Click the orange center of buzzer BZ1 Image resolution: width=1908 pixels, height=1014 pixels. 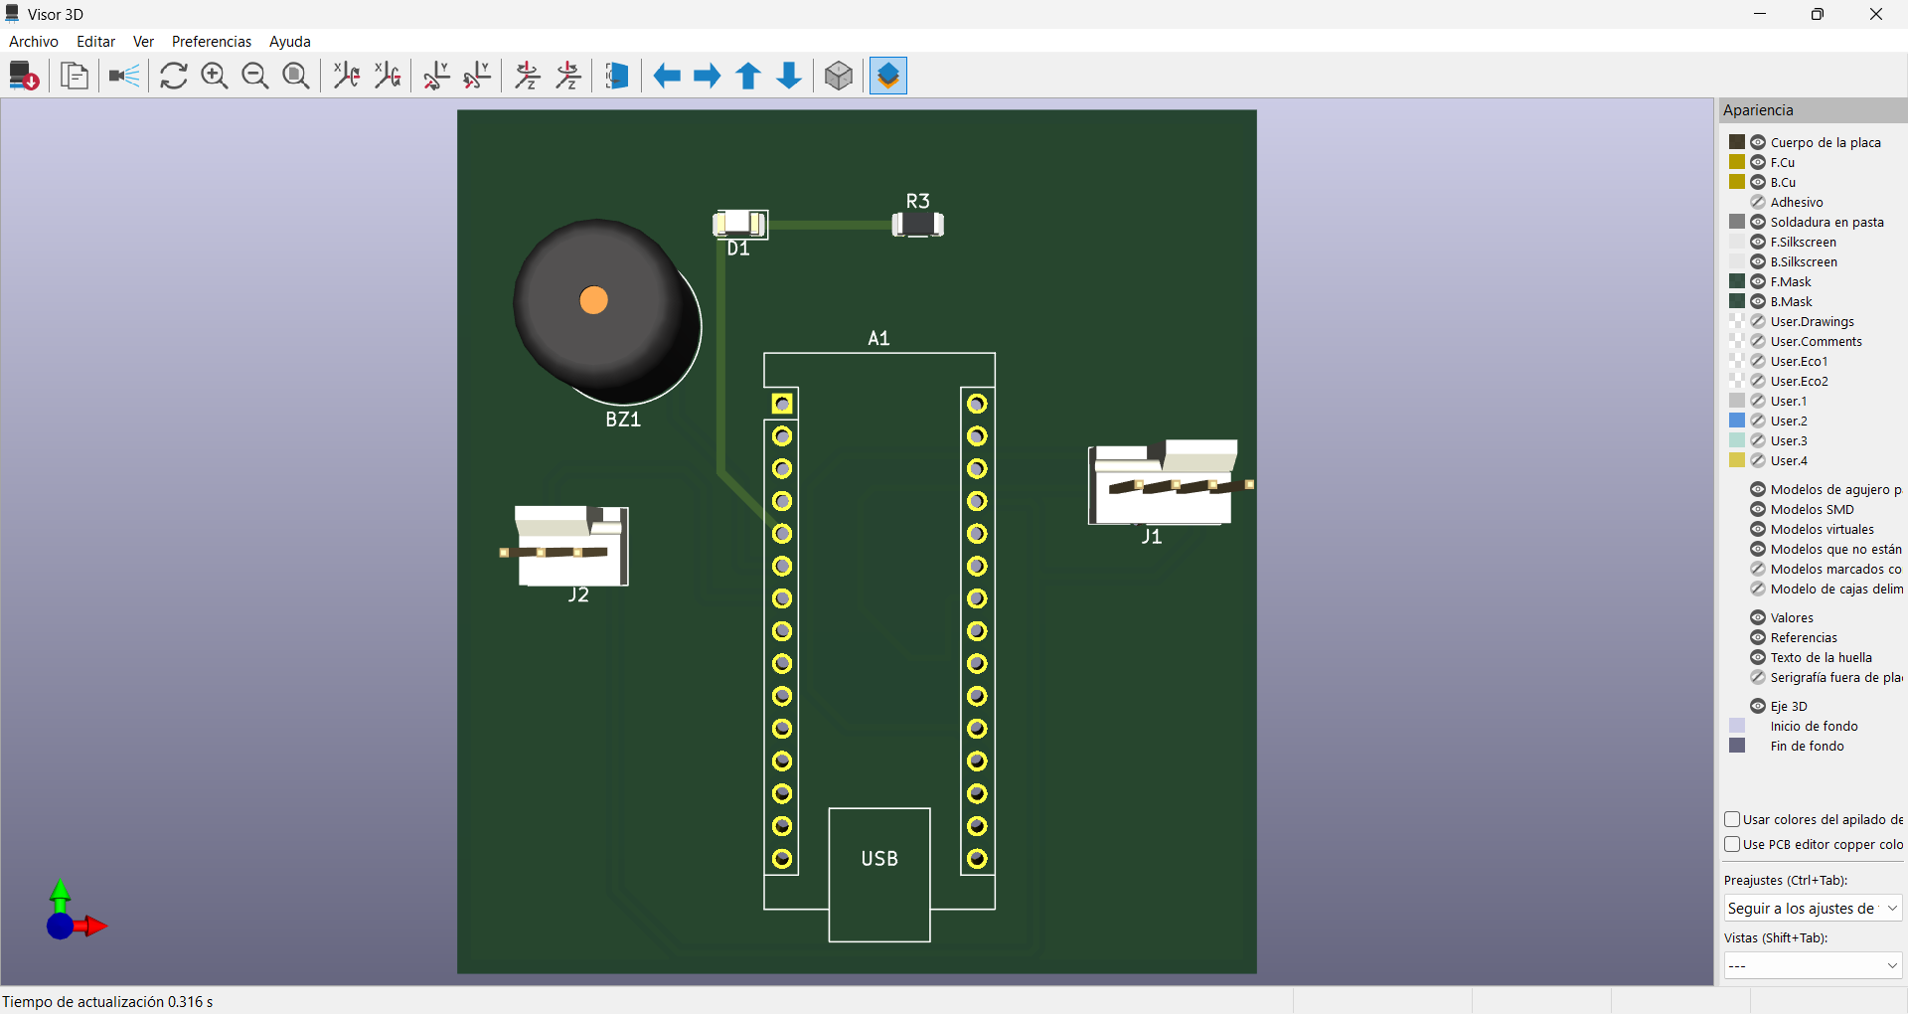tap(593, 300)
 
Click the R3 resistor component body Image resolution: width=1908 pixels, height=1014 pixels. tap(917, 225)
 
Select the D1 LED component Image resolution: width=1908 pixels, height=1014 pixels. tap(740, 224)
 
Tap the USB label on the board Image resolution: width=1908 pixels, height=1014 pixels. tap(879, 859)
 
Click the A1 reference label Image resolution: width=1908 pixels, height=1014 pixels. tap(878, 339)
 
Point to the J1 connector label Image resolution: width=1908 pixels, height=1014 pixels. tap(1151, 537)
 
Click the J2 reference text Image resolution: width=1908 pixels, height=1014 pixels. tap(578, 595)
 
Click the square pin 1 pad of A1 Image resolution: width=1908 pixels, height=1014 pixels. tap(782, 404)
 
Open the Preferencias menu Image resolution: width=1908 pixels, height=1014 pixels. tap(212, 42)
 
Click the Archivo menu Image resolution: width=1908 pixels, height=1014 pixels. tap(34, 42)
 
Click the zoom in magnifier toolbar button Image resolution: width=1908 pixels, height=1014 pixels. tap(215, 76)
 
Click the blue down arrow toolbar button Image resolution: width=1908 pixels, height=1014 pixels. tap(789, 76)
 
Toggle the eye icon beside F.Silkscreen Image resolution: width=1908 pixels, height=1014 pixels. tap(1758, 242)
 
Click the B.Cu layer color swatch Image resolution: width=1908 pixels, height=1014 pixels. tap(1737, 182)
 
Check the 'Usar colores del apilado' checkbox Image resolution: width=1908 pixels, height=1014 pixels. tap(1732, 819)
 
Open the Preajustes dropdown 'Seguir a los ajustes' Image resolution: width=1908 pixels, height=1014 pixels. tap(1813, 908)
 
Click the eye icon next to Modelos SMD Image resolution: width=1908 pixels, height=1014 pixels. tap(1758, 509)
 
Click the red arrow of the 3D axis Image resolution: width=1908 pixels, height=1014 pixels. tap(95, 927)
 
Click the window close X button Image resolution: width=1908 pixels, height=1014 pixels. tap(1875, 14)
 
